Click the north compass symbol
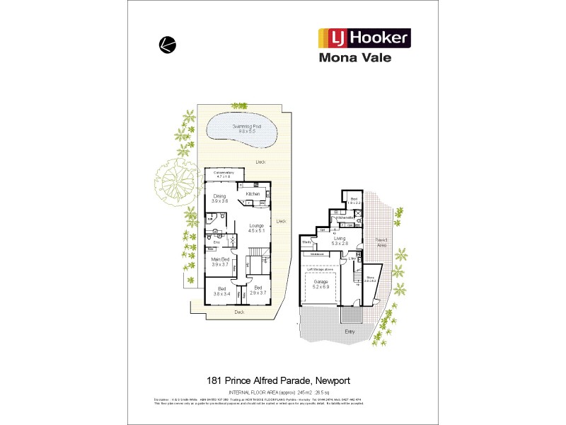167,44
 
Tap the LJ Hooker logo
364,38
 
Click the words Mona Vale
364,59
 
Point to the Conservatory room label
224,175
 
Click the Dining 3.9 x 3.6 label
219,199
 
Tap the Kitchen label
253,193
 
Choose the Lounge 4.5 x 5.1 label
256,227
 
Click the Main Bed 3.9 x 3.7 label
220,262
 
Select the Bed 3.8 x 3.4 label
221,290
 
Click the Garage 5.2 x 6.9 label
320,283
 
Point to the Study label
307,242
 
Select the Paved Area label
381,242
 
